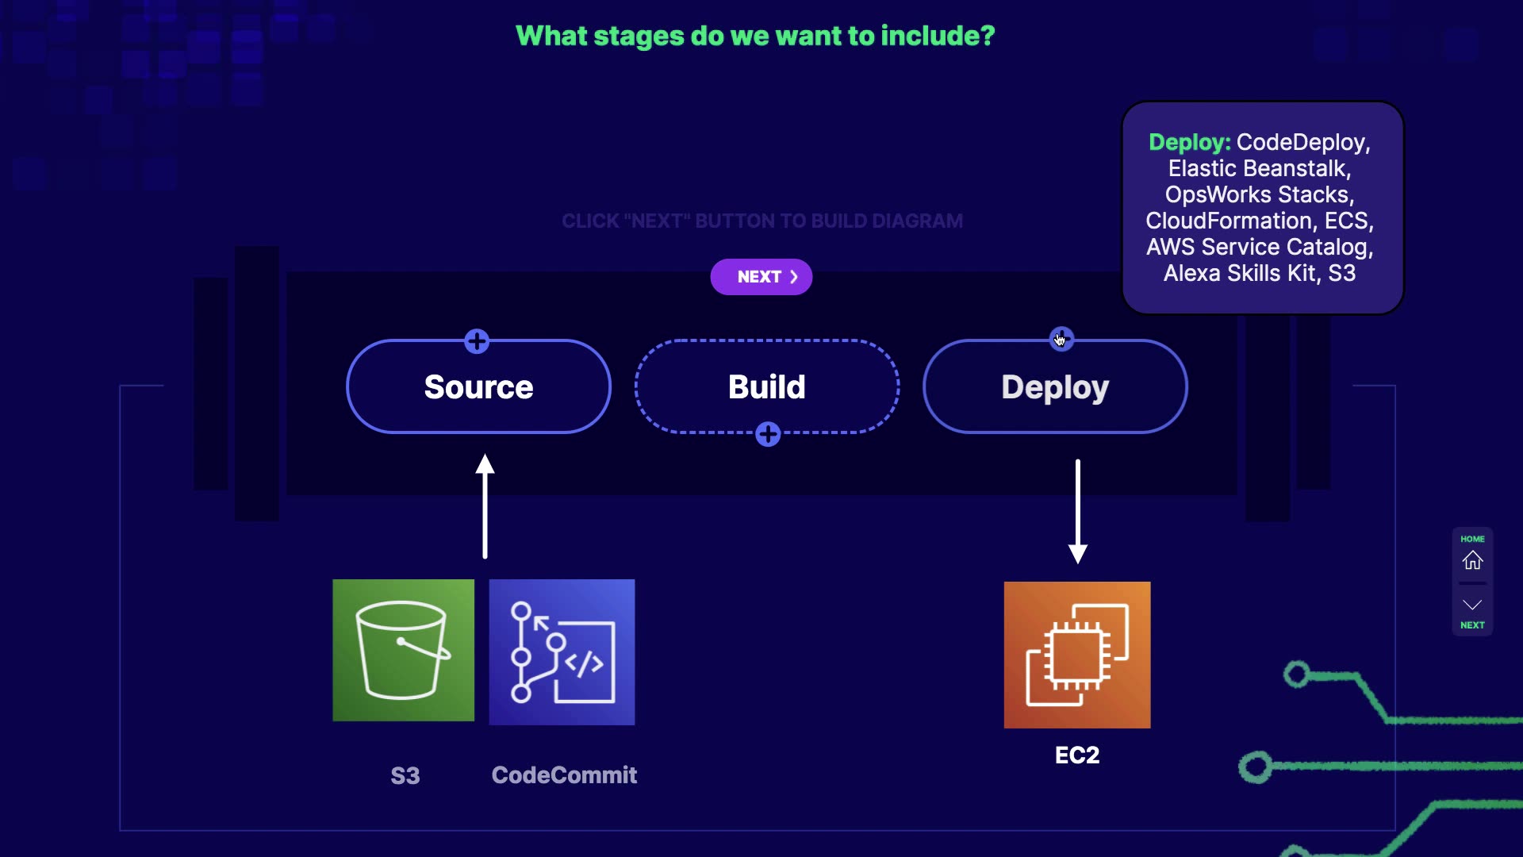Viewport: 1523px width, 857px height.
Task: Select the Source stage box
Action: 478,387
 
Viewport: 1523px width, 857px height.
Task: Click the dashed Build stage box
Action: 766,387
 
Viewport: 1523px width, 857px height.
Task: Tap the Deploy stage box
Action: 1055,387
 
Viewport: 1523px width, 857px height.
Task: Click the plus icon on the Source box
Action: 477,342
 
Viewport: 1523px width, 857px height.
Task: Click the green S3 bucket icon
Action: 403,650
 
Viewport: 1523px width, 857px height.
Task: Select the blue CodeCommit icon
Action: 562,651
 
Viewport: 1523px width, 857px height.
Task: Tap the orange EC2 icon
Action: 1076,655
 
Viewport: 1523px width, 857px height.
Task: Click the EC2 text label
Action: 1076,755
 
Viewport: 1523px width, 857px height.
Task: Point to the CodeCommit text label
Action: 564,774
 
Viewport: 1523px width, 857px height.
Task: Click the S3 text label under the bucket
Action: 405,775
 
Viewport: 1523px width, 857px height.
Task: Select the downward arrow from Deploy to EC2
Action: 1077,511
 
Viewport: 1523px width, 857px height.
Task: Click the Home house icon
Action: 1472,560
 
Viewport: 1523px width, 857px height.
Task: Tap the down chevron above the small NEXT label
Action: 1472,605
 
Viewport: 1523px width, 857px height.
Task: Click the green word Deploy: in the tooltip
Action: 1189,142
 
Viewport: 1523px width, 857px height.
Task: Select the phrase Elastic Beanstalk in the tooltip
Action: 1258,168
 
